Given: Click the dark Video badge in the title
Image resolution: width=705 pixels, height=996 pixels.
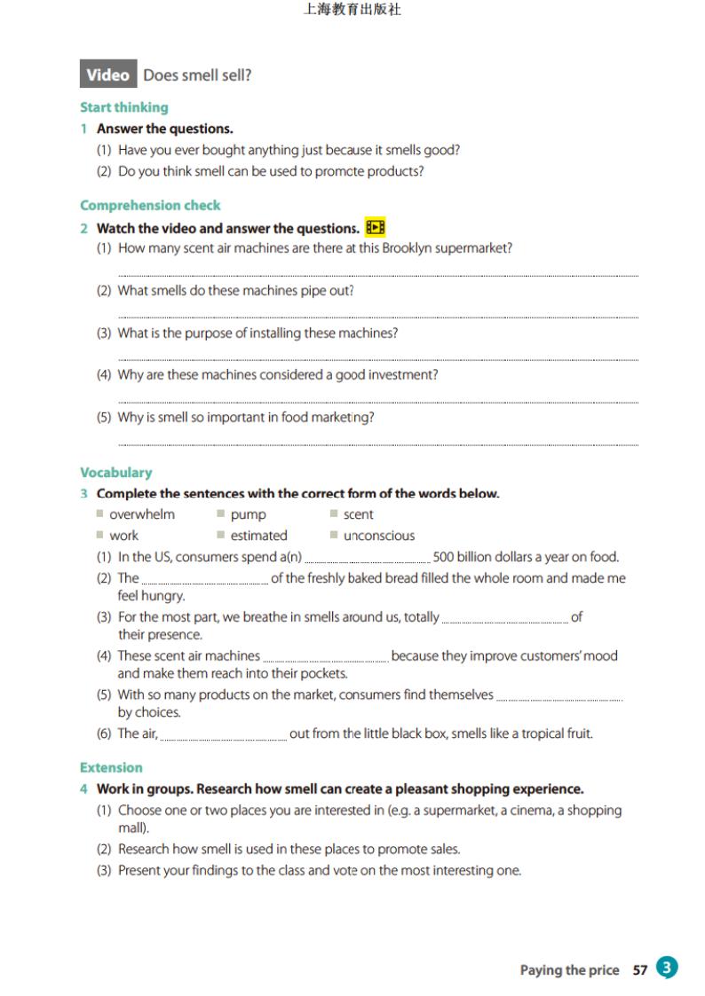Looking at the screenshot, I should [x=108, y=75].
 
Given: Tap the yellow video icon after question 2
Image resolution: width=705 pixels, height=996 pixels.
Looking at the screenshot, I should [x=376, y=228].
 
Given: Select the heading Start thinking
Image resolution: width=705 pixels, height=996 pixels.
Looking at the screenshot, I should [x=123, y=107].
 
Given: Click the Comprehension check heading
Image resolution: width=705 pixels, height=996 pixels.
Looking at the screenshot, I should [x=150, y=206].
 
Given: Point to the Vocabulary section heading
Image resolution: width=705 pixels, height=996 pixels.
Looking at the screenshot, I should [x=115, y=473].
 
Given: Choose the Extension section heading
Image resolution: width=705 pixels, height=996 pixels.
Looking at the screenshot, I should [x=111, y=768].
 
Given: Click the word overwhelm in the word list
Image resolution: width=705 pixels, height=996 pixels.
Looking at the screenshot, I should [x=142, y=514].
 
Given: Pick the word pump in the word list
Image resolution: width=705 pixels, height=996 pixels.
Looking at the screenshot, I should [x=248, y=514].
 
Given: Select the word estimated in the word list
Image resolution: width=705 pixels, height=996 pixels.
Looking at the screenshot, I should [x=258, y=536].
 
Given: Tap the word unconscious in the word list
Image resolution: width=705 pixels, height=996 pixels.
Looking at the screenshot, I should [x=379, y=536].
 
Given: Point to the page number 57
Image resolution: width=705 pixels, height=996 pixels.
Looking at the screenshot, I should [x=640, y=970].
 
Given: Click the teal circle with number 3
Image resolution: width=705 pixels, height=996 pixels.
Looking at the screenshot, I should [x=667, y=968].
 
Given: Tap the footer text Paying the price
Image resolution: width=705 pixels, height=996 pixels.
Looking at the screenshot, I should [x=569, y=970].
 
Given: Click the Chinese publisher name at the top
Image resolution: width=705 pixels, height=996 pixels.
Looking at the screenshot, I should [x=352, y=11].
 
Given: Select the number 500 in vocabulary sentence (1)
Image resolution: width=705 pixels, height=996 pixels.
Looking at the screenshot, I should [x=444, y=557].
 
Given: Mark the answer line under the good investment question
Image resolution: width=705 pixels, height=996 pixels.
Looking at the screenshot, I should [x=377, y=402].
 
